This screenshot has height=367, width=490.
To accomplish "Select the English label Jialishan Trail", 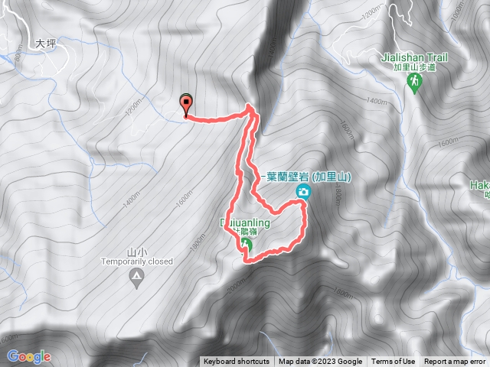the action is [x=414, y=57].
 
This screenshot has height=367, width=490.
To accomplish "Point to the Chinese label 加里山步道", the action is [x=414, y=67].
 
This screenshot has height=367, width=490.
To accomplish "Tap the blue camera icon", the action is [x=305, y=191].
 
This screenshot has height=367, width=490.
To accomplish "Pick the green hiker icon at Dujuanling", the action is [x=247, y=245].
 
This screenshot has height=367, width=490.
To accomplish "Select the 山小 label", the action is [x=136, y=252].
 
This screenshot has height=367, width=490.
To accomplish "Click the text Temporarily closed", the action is [x=136, y=261].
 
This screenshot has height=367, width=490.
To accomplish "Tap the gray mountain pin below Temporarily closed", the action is [x=136, y=278].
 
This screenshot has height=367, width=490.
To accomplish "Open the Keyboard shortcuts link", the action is [x=237, y=362].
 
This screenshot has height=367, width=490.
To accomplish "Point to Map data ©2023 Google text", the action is [x=320, y=362].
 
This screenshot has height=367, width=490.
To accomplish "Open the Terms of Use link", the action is [x=393, y=362].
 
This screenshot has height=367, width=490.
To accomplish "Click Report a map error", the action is [x=455, y=362].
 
